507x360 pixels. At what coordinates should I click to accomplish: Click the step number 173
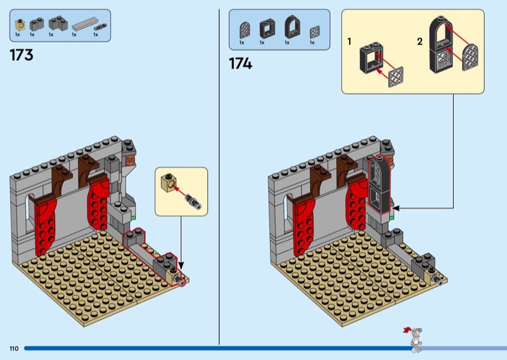[22, 55]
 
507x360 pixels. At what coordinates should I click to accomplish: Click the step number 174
[240, 63]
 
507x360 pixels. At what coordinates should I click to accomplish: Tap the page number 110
[14, 349]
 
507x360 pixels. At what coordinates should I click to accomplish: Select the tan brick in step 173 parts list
[20, 25]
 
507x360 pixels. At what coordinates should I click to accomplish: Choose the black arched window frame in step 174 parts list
[292, 27]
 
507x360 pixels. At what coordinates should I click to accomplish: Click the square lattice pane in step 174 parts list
[314, 32]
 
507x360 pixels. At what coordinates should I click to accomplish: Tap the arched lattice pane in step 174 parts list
[245, 30]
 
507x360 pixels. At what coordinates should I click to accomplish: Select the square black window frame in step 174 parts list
[267, 29]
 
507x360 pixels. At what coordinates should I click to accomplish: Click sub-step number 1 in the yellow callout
[349, 42]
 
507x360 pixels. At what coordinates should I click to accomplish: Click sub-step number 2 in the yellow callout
[420, 41]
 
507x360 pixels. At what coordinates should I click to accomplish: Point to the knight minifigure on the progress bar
[415, 340]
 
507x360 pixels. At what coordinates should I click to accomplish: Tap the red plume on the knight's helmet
[408, 330]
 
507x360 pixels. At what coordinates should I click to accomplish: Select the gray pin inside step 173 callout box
[193, 200]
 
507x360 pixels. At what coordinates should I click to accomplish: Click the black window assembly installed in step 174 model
[380, 184]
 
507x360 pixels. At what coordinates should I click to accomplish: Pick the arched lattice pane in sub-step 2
[470, 57]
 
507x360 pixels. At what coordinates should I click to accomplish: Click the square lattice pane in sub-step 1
[395, 77]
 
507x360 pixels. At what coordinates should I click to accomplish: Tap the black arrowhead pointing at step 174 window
[395, 209]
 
